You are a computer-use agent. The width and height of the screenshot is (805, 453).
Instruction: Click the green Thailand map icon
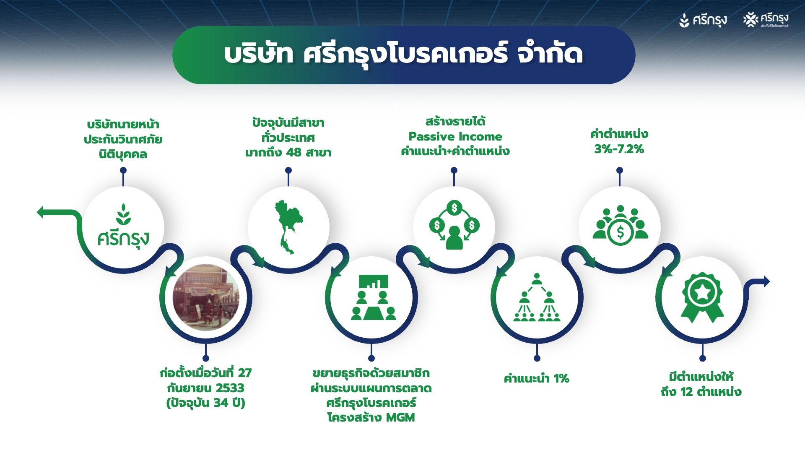coord(288,226)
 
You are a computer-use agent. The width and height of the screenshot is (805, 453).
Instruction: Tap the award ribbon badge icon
coord(702,297)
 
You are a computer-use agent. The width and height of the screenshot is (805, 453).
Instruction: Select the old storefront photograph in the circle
coord(206,297)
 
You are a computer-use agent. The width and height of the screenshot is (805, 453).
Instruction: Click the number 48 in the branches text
coord(293,152)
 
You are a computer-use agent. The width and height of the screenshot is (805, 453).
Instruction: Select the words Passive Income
coord(455,136)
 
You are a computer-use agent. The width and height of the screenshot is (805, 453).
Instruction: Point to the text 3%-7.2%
coord(619,149)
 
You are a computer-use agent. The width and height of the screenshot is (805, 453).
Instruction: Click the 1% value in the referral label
coord(561,378)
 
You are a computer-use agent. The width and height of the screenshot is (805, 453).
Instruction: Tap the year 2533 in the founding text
coord(229,388)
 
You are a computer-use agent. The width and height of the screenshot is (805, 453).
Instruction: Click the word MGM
coord(400,417)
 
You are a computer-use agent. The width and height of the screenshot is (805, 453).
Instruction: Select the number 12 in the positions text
coord(687,392)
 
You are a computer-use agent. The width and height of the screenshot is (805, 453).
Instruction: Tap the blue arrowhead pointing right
coord(765,281)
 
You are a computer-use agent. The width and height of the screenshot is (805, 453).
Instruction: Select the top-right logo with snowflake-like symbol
coord(766,20)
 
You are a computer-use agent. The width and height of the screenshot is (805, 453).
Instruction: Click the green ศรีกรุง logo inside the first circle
coord(123,226)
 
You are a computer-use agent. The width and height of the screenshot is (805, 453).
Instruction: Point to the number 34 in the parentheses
coord(221,403)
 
